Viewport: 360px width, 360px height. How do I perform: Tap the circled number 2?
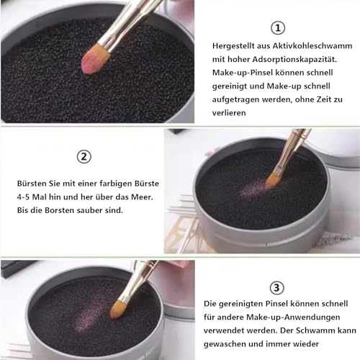84,156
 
